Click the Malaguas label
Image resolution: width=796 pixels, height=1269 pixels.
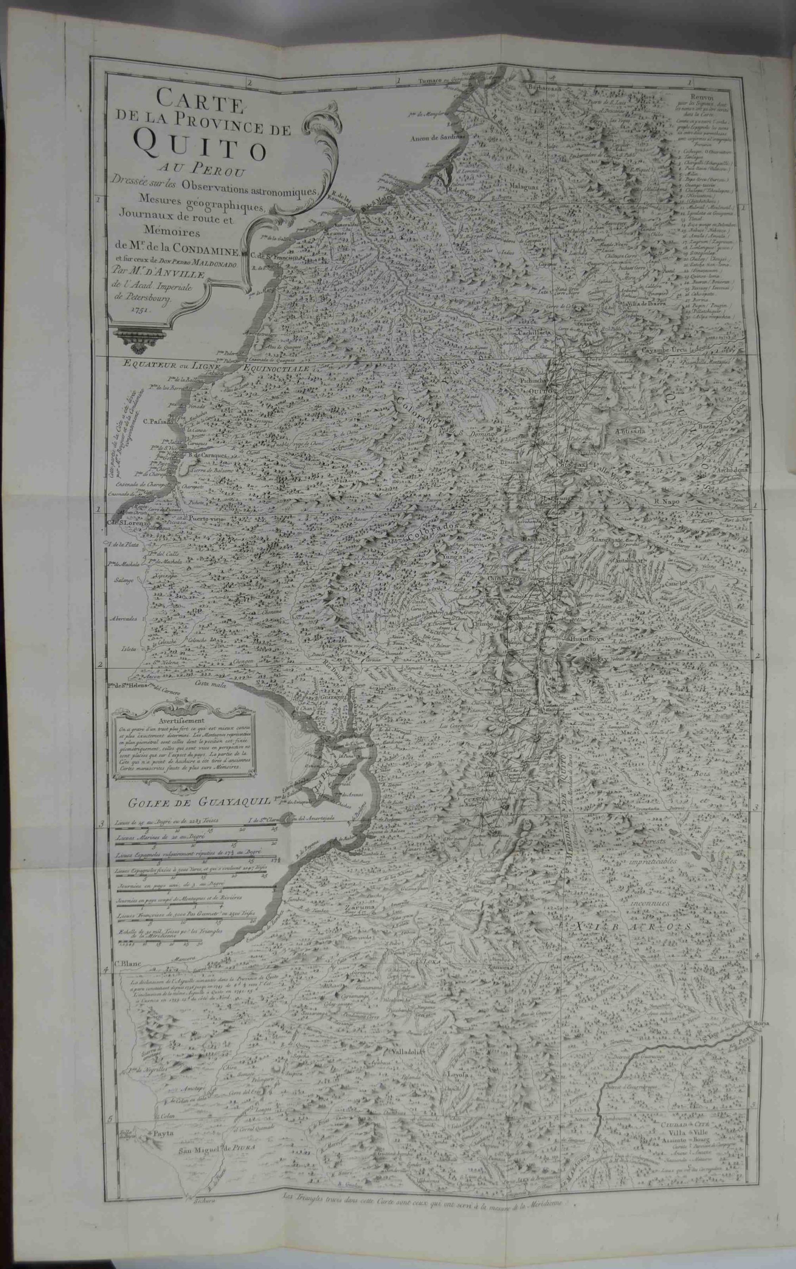523,186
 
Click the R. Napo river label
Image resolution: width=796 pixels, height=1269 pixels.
668,502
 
